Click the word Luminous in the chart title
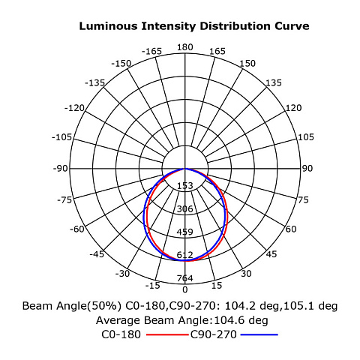click(108, 26)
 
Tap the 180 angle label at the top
click(184, 47)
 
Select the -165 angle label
click(151, 51)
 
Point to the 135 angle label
click(274, 82)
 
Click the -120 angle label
click(74, 108)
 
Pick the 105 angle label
click(305, 137)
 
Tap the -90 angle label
click(60, 169)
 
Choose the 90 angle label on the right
click(307, 169)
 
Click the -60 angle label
click(77, 229)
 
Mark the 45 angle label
click(271, 254)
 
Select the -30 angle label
click(122, 274)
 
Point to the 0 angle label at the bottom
click(185, 289)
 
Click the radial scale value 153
click(185, 186)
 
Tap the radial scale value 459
click(185, 232)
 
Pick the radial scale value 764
click(185, 278)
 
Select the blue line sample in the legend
click(259, 334)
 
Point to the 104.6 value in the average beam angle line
click(227, 320)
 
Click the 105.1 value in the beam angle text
click(298, 306)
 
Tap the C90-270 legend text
click(214, 334)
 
